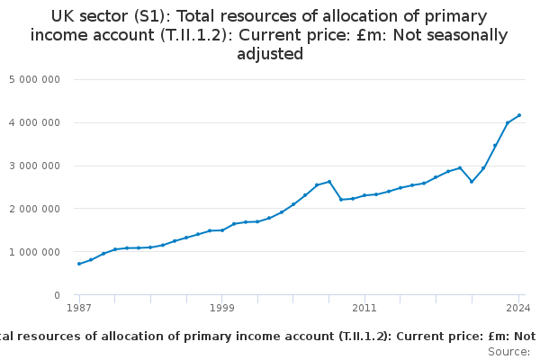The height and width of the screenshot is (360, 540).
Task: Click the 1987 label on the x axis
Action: pos(79,309)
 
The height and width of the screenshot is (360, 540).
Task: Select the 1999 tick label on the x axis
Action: pos(222,309)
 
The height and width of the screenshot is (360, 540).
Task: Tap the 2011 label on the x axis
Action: pos(364,309)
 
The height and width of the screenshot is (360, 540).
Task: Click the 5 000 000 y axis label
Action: pos(34,79)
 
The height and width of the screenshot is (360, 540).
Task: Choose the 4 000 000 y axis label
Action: pos(34,122)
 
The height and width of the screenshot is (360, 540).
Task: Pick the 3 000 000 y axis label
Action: pos(34,166)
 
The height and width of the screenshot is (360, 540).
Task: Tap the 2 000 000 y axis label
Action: pos(34,209)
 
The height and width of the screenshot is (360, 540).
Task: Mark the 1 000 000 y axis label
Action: pos(34,252)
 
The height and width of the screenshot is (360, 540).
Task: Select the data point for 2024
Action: pos(519,115)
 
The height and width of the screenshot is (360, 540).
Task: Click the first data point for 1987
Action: pos(79,264)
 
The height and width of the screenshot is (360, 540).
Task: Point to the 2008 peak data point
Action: pos(329,182)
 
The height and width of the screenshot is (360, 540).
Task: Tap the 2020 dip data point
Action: pos(472,182)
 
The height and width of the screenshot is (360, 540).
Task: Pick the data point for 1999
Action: pos(222,230)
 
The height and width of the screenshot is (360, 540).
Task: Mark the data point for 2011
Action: pos(364,195)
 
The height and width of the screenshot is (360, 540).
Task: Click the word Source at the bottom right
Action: pos(508,351)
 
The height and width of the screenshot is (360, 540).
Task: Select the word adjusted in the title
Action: pos(270,54)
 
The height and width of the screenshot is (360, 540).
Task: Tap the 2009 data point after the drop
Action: pos(341,200)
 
